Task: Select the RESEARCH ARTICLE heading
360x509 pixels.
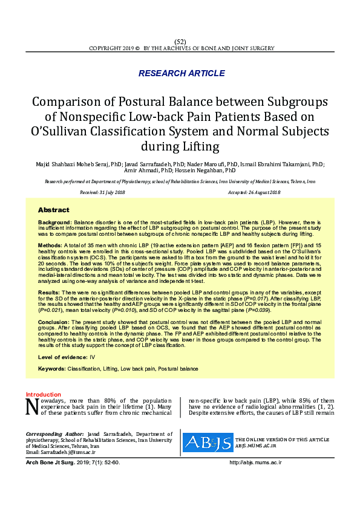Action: pyautogui.click(x=182, y=73)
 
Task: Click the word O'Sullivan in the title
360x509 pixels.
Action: pyautogui.click(x=60, y=131)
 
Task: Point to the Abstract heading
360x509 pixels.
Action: pyautogui.click(x=53, y=210)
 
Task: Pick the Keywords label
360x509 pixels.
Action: pyautogui.click(x=51, y=368)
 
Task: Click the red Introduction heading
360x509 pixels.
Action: pyautogui.click(x=43, y=394)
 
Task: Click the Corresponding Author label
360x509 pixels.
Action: pyautogui.click(x=54, y=434)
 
